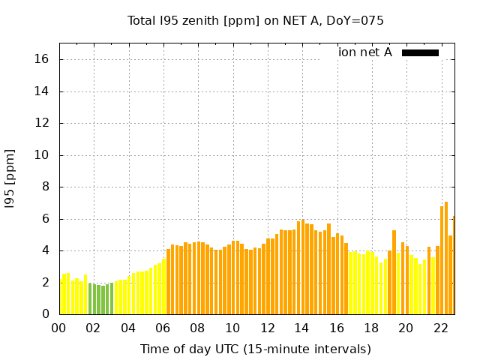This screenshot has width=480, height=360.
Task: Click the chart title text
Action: pyautogui.click(x=255, y=21)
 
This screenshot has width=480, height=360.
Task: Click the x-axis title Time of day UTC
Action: pyautogui.click(x=255, y=349)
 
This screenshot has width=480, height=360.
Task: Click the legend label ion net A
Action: pyautogui.click(x=364, y=52)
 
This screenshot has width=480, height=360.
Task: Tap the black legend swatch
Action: pyautogui.click(x=420, y=52)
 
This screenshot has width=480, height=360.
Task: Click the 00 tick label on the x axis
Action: pyautogui.click(x=59, y=328)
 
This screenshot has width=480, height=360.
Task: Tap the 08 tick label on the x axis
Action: pyautogui.click(x=198, y=328)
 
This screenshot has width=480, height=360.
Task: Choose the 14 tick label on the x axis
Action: pyautogui.click(x=301, y=328)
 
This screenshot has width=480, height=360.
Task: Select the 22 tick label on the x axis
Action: pyautogui.click(x=440, y=328)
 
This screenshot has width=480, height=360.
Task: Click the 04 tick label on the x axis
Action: pyautogui.click(x=128, y=328)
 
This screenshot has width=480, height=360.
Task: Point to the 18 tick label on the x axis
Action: pyautogui.click(x=371, y=328)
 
